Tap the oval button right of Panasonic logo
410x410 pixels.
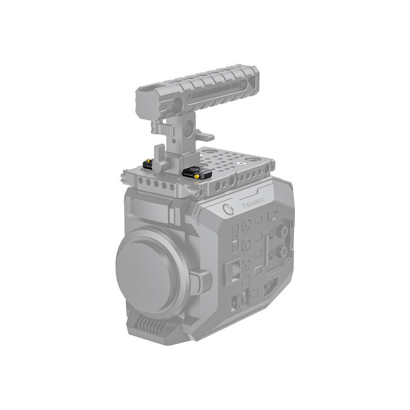[273, 214]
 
